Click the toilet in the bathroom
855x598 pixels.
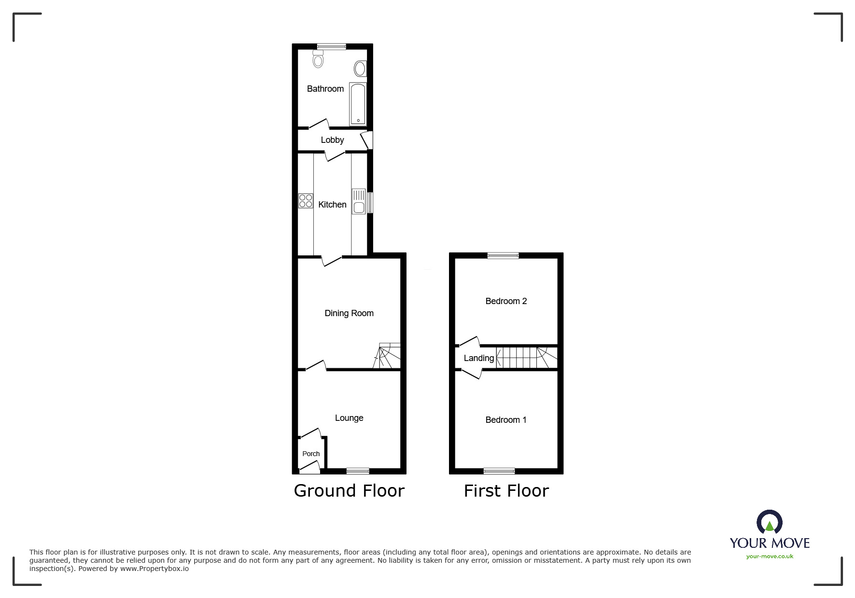point(318,59)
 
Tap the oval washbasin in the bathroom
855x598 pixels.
point(360,69)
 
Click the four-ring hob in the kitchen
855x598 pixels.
point(306,201)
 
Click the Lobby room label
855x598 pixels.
point(332,140)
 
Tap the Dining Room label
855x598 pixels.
point(349,313)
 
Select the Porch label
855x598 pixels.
point(311,454)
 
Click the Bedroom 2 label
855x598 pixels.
point(506,301)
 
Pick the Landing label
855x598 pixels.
point(478,358)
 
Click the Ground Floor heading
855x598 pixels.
point(349,491)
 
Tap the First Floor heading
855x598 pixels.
point(506,491)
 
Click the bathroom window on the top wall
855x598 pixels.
point(332,46)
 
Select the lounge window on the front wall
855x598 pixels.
point(358,471)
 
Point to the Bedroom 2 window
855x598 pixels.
point(503,256)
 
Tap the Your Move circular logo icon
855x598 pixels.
point(770,522)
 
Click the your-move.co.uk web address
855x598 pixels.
point(770,556)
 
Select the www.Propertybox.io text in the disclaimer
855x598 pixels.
point(154,569)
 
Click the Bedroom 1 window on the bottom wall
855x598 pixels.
point(499,471)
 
